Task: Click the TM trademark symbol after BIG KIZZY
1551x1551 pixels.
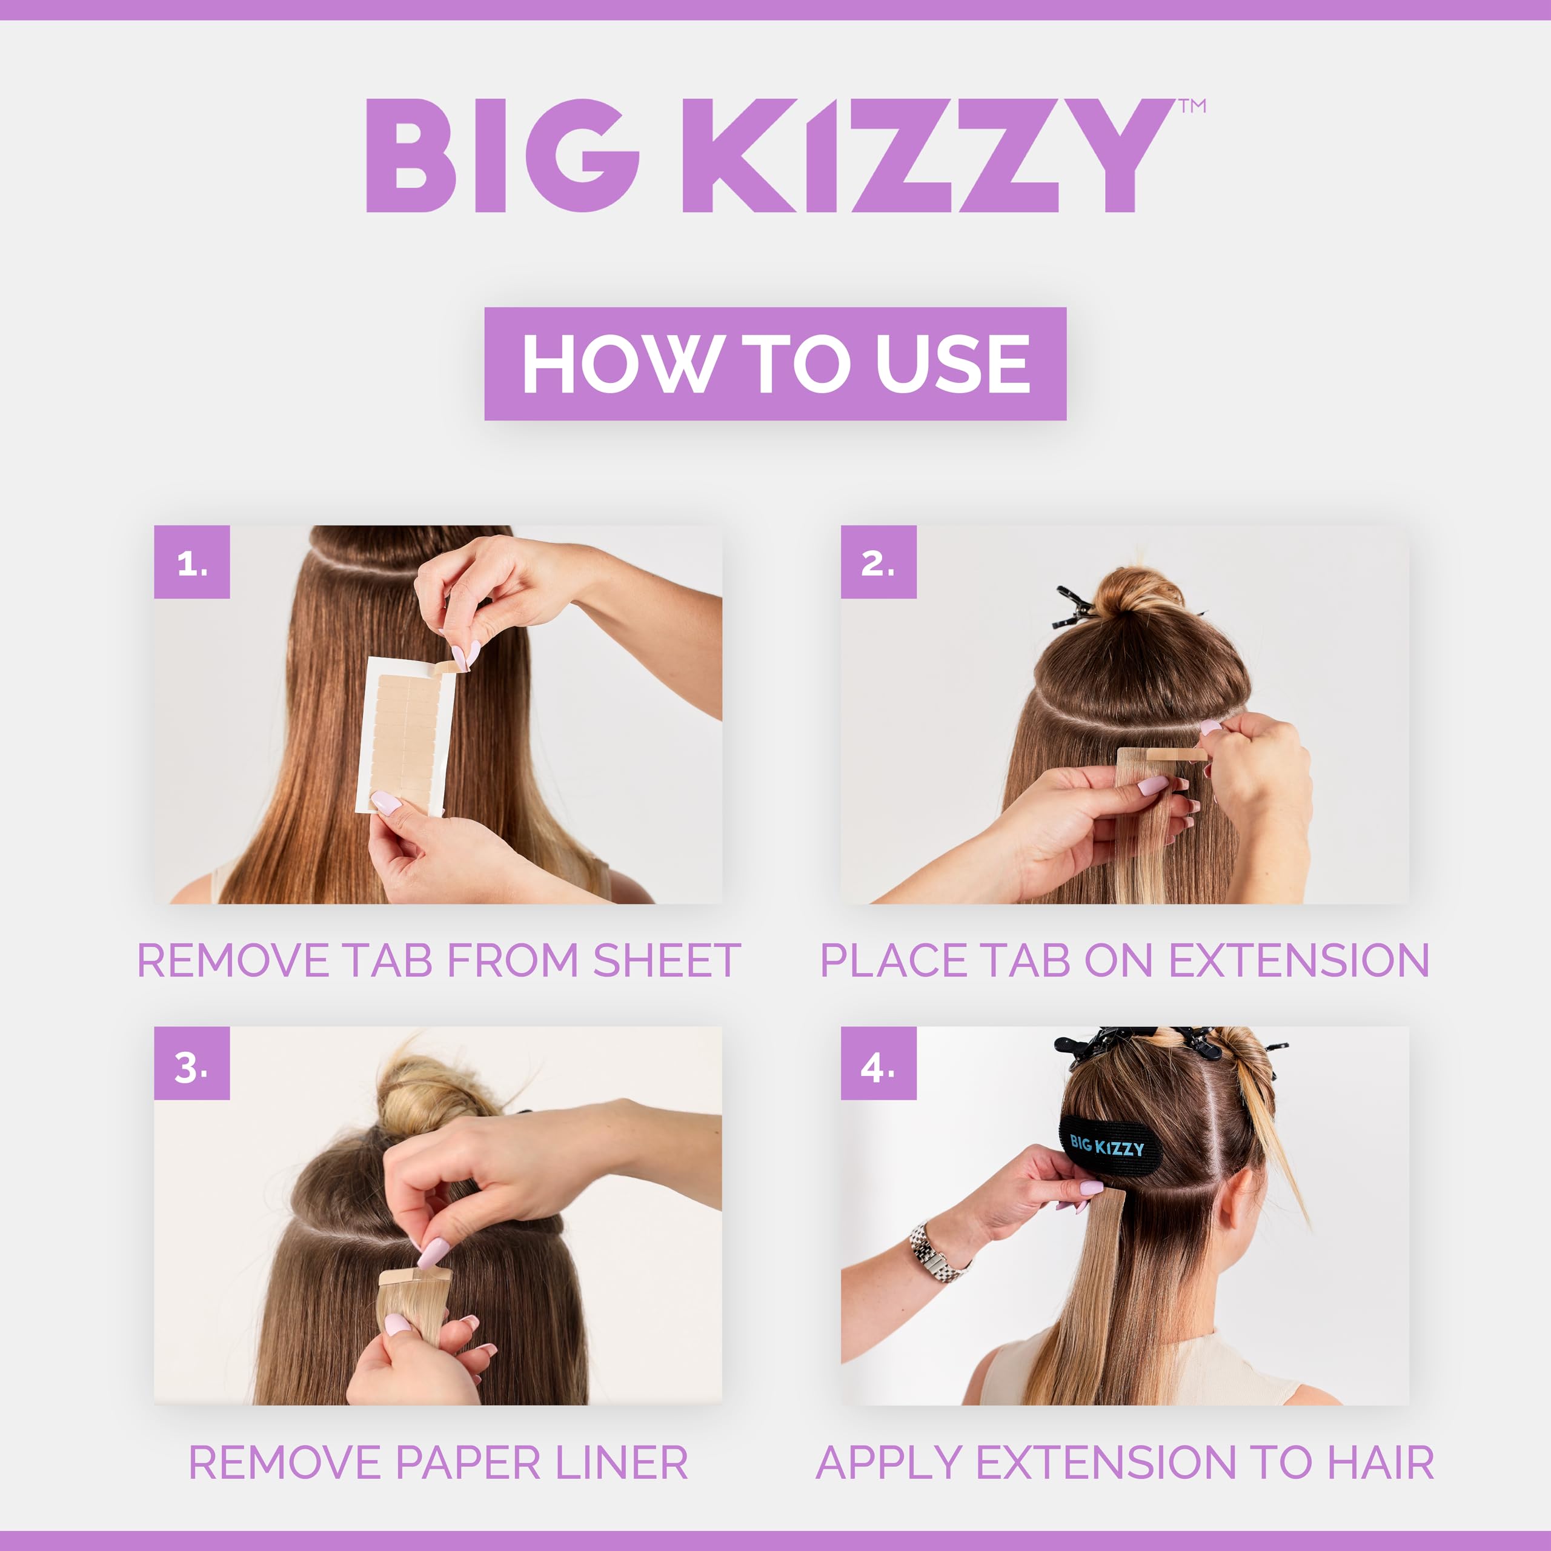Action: coord(1193,106)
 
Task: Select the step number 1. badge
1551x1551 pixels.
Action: coord(192,562)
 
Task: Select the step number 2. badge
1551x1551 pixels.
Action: coord(878,562)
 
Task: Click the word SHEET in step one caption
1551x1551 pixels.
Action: coord(666,960)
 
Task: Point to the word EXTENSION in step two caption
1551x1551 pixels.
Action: coord(1298,960)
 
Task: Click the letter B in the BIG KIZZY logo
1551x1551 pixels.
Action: coord(410,156)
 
